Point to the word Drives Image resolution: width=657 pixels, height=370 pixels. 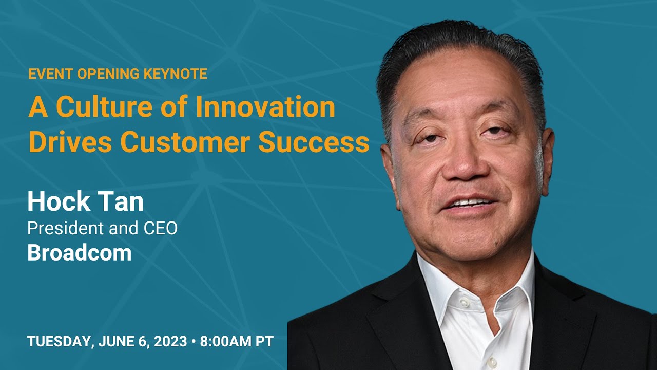70,142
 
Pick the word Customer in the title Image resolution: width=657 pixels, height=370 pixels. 185,142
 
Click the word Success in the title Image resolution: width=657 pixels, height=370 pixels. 314,142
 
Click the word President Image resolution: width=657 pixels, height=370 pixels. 65,228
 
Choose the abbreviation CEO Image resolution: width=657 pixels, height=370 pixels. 161,228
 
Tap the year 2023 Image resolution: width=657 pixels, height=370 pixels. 170,342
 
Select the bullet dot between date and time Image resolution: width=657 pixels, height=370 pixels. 194,342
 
